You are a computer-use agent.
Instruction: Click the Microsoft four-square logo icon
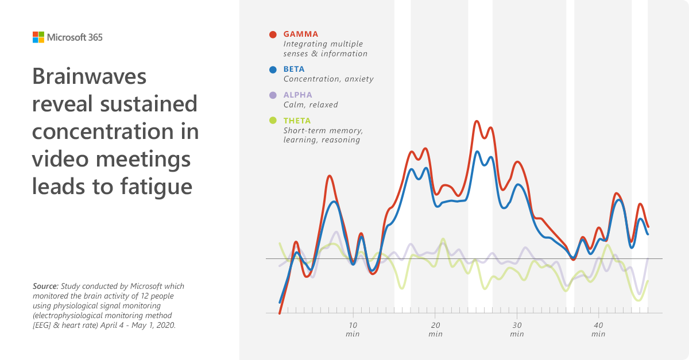tap(38, 37)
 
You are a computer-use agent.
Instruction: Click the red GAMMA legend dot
tap(273, 34)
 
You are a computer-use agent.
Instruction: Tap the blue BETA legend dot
tap(273, 69)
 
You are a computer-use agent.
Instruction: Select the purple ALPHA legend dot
tap(273, 95)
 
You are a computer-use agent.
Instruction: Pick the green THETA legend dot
tap(273, 121)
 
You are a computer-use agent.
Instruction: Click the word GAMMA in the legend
tap(301, 34)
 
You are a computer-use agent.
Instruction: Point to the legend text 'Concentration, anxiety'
tap(328, 79)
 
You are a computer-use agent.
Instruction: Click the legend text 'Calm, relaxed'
tap(311, 105)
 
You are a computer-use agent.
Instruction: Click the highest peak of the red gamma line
tap(477, 121)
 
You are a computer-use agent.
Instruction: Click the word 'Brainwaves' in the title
tap(90, 76)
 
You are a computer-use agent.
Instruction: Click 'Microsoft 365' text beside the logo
tap(75, 37)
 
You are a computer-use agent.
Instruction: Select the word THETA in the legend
tap(297, 121)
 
